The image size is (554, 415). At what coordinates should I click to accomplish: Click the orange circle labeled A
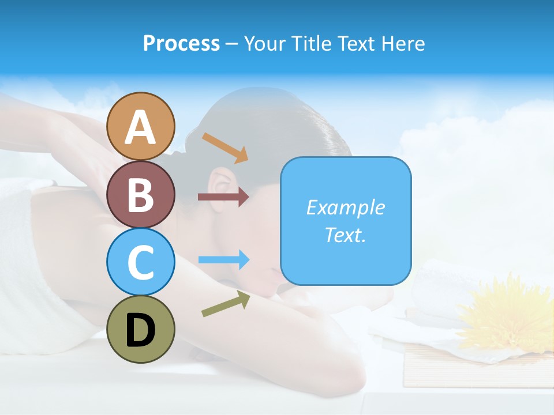tap(141, 126)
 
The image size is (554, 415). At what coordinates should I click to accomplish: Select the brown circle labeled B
tap(141, 194)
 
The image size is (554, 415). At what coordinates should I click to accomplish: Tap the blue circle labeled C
tap(141, 262)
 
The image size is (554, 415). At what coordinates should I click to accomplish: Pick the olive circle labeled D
tap(141, 329)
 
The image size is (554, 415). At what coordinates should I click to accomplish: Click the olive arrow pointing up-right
tap(226, 304)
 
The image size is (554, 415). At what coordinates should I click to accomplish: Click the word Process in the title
tap(181, 43)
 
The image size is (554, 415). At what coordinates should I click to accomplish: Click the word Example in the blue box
tap(345, 207)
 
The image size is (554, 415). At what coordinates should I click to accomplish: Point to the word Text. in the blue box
tap(345, 235)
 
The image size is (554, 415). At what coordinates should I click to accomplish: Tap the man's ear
tap(219, 182)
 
